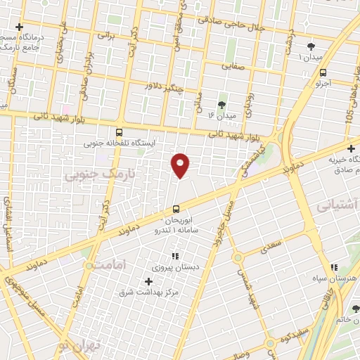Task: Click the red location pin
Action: [181, 165]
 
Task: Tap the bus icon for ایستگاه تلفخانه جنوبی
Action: [119, 131]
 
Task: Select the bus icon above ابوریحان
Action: [176, 208]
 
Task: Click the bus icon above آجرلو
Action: [323, 72]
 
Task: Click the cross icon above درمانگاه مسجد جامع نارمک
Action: [20, 27]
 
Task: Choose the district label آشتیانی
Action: [336, 206]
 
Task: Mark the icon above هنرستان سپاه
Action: [335, 268]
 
